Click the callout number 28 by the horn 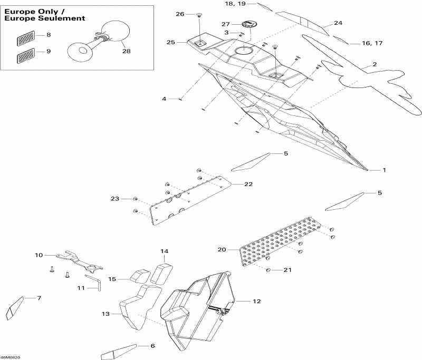126,51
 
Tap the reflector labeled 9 25,53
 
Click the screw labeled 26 199,15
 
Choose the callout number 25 170,42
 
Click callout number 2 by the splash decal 375,64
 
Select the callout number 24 338,23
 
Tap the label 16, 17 372,43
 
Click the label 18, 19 235,4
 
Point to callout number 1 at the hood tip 384,170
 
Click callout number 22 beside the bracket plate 248,184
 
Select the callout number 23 115,199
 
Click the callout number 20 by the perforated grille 222,249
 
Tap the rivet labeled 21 268,270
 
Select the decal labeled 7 13,308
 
